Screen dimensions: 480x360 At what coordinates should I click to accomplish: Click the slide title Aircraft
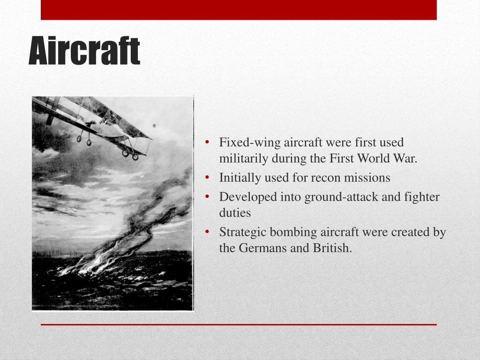(84, 51)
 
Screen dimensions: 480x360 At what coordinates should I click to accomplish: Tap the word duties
(235, 213)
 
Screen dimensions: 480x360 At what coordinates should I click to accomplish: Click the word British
(332, 247)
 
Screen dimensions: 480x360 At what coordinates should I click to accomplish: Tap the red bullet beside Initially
(207, 178)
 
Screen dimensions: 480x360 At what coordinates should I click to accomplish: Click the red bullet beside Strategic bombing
(207, 232)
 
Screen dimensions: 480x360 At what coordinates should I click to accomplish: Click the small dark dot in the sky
(154, 126)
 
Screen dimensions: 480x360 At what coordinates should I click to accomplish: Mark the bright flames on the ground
(92, 263)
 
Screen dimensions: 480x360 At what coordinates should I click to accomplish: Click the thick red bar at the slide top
(239, 10)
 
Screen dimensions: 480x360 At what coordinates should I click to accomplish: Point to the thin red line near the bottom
(239, 324)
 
